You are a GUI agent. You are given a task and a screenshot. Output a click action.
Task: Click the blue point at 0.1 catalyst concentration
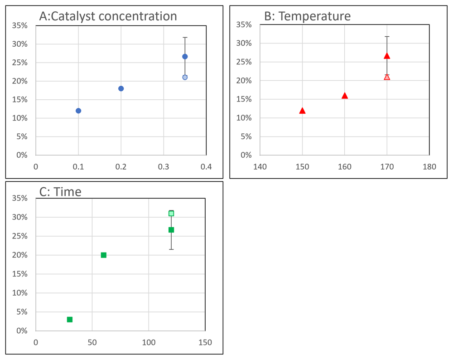(78, 111)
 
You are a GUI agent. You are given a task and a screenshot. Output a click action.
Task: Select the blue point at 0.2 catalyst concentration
(121, 88)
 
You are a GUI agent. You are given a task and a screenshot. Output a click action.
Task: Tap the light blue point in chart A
(185, 77)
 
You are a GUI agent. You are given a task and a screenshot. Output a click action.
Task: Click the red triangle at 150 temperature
(302, 111)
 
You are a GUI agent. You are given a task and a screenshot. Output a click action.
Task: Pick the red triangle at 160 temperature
(345, 96)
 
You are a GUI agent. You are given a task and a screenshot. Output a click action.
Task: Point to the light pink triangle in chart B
(387, 77)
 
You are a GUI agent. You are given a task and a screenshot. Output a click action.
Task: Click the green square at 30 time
(70, 320)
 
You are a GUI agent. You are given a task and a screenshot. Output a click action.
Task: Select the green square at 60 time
(103, 255)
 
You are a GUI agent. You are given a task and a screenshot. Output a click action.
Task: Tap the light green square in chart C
(171, 214)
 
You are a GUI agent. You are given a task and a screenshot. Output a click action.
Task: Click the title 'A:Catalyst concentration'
(108, 17)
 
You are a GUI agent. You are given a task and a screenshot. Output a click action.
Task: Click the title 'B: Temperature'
(307, 16)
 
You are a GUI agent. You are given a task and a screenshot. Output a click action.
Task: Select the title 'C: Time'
(60, 191)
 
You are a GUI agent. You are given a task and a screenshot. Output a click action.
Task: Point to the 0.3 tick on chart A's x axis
(164, 166)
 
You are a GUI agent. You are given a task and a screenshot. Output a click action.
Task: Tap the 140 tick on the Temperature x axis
(260, 166)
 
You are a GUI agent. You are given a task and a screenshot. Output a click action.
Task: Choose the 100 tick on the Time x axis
(149, 342)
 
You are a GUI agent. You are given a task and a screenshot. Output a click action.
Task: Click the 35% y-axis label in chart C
(20, 198)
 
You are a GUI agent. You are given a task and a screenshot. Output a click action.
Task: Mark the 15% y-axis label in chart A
(20, 99)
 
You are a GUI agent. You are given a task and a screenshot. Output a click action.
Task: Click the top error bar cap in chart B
(387, 36)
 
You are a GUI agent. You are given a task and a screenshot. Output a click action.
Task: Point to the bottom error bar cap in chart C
(171, 249)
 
